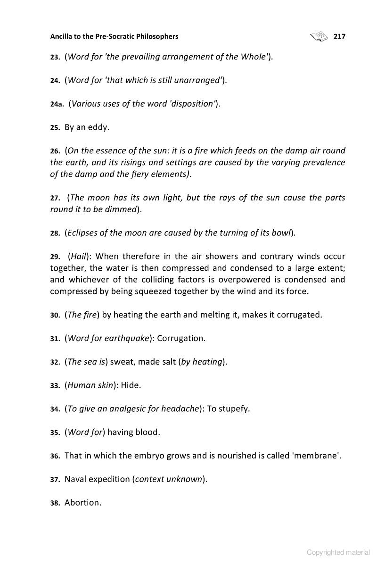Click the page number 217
tap(339, 36)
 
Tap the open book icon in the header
tap(319, 36)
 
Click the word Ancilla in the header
tap(63, 36)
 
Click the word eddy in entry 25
tap(99, 127)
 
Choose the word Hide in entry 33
tap(131, 385)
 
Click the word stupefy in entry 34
tap(233, 408)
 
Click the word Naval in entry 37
tap(76, 479)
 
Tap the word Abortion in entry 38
tap(83, 502)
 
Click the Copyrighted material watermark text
tap(338, 552)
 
